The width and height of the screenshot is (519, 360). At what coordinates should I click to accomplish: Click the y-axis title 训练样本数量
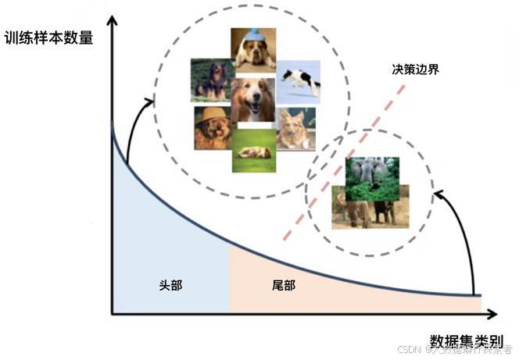click(x=48, y=36)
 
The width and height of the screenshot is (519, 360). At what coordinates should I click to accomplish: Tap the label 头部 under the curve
click(x=170, y=285)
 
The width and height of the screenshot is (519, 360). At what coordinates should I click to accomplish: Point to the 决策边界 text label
click(x=415, y=69)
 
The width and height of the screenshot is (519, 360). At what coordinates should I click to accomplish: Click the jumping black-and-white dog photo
click(x=298, y=80)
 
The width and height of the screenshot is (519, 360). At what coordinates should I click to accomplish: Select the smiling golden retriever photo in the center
click(x=252, y=99)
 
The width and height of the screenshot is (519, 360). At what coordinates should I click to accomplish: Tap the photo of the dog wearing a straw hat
click(x=213, y=127)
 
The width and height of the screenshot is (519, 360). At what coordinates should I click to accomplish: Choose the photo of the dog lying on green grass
click(x=253, y=150)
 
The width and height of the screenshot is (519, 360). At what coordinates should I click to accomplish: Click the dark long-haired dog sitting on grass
click(x=211, y=80)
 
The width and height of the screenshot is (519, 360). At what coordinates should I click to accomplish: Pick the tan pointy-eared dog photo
click(x=295, y=128)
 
